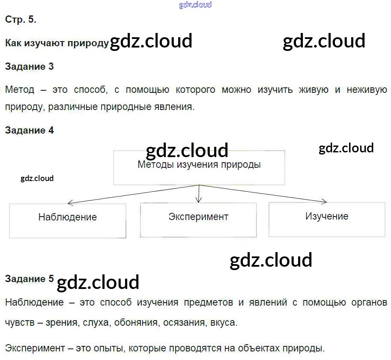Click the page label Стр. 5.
tap(21, 19)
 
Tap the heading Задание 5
tap(29, 279)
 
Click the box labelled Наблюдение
tap(68, 220)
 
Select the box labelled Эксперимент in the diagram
tap(198, 220)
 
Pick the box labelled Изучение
tap(327, 219)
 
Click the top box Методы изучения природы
tap(199, 167)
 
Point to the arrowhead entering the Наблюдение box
tap(70, 203)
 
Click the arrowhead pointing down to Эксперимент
tap(198, 200)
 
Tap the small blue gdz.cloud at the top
tap(195, 5)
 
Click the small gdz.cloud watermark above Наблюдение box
tap(37, 178)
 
